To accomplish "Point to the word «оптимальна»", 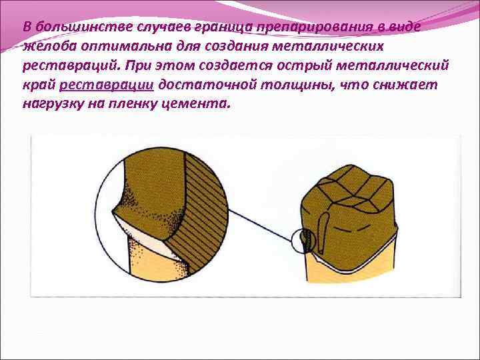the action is pyautogui.click(x=117, y=47).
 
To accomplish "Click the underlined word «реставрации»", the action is pyautogui.click(x=107, y=85).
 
